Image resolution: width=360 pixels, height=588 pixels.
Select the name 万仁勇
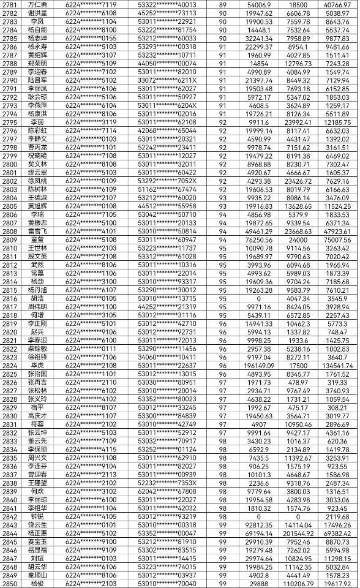tap(38, 4)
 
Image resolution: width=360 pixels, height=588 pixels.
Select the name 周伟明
tap(38, 307)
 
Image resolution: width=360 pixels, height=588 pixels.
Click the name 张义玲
tap(38, 399)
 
